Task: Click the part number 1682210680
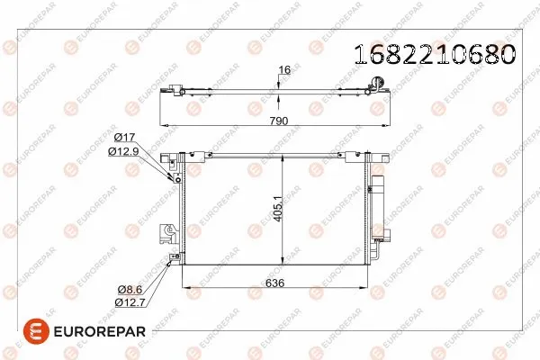(x=436, y=55)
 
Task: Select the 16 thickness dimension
(x=283, y=70)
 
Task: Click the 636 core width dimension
(x=276, y=282)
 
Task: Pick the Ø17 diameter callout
(x=126, y=138)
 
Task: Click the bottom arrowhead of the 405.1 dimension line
(x=284, y=263)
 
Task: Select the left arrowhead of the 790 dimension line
(x=162, y=123)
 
